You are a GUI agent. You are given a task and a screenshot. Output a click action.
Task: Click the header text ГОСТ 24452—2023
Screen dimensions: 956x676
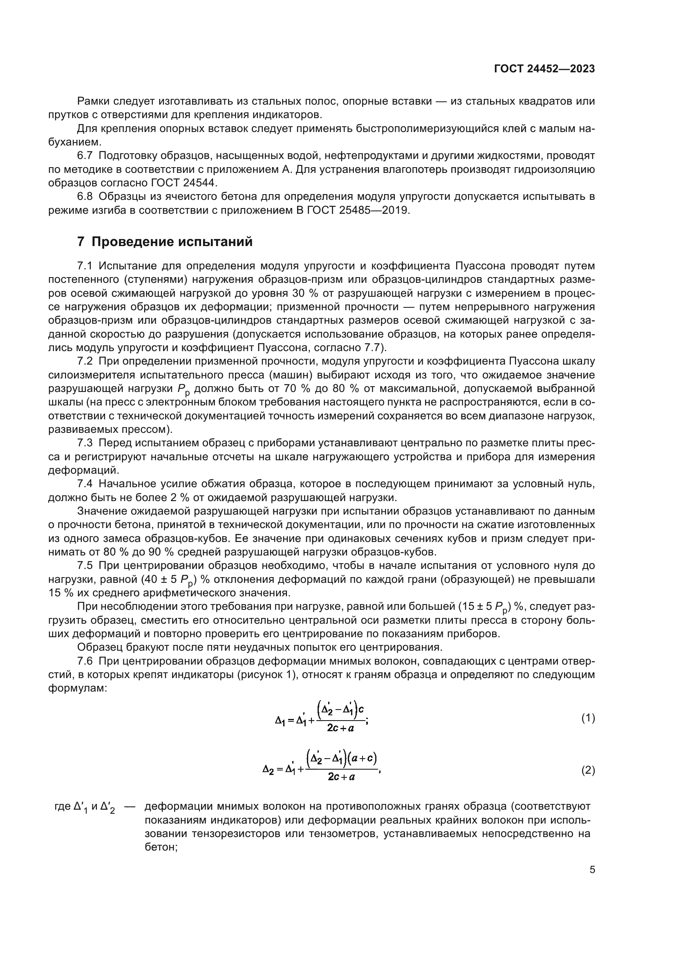[544, 69]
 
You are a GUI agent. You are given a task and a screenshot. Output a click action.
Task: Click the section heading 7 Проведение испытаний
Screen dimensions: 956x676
[165, 242]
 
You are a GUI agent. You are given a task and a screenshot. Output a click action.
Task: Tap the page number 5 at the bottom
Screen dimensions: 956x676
[592, 869]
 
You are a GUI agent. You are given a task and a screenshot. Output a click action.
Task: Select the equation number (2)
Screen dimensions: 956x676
[588, 770]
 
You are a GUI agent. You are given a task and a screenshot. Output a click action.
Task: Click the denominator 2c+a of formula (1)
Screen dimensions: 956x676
[340, 728]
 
